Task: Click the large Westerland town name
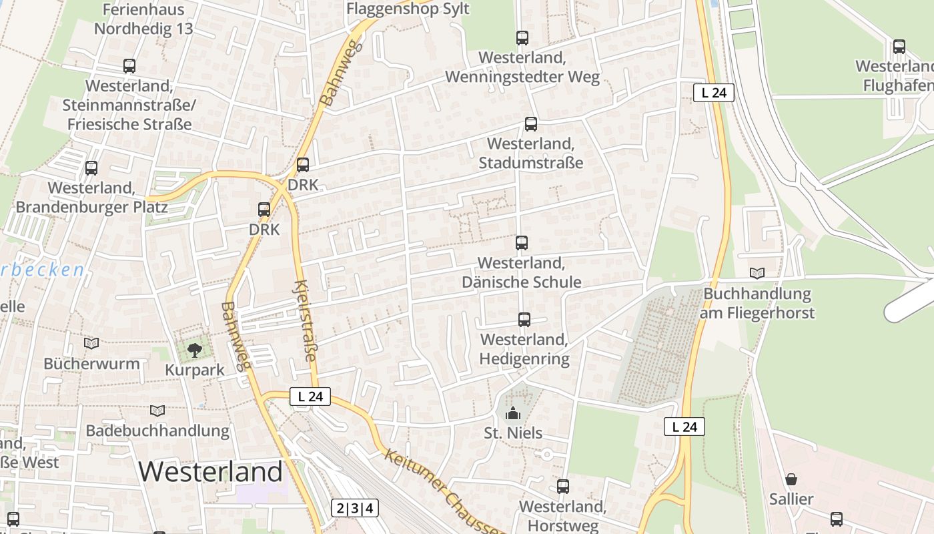click(211, 471)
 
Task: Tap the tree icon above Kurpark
click(194, 349)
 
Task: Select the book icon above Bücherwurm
click(91, 343)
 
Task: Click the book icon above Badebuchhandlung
click(157, 411)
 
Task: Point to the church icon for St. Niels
click(512, 413)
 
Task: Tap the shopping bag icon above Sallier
click(791, 479)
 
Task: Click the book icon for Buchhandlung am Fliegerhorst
click(757, 273)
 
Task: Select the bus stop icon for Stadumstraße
click(530, 123)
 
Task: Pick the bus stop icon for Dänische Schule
click(521, 243)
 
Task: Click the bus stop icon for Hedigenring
click(524, 320)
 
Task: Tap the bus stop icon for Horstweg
click(563, 487)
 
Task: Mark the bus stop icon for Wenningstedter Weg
click(522, 38)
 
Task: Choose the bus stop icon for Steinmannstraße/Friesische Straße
click(129, 66)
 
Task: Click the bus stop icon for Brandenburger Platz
click(91, 168)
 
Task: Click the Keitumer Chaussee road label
click(444, 491)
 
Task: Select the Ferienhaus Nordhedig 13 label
click(143, 19)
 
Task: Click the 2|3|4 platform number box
click(355, 508)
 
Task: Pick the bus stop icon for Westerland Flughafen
click(899, 47)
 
